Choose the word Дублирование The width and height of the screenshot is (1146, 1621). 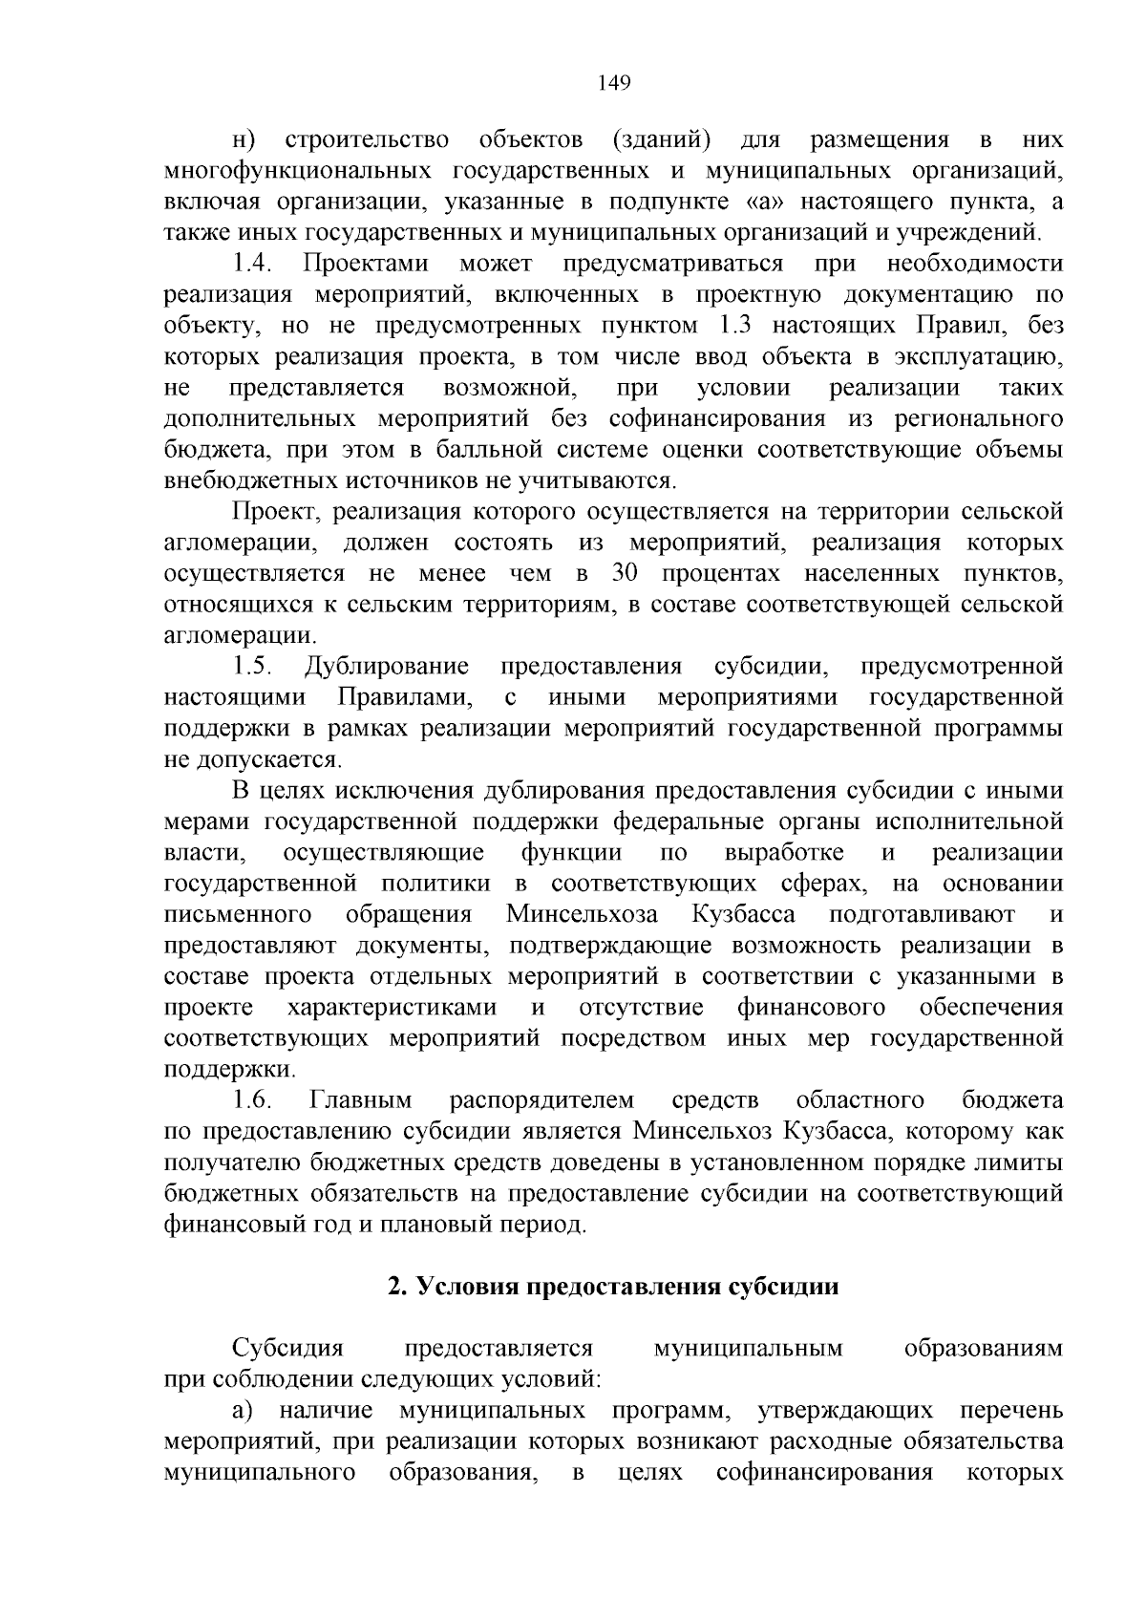387,666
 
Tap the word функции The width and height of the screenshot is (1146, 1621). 571,852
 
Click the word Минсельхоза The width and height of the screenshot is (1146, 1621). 582,914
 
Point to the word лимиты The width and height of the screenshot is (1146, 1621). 1022,1162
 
